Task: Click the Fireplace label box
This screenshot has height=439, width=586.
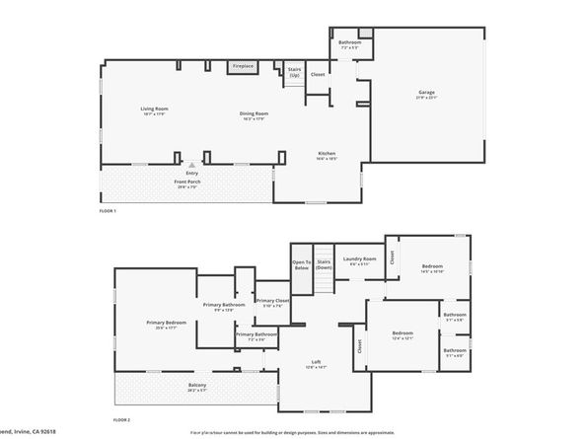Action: [x=243, y=66]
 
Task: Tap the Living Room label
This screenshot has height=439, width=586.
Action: [x=154, y=110]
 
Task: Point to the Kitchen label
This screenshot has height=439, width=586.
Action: [x=327, y=155]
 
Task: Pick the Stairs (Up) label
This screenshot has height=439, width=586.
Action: [x=294, y=71]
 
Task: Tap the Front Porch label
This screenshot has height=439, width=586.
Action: [x=187, y=183]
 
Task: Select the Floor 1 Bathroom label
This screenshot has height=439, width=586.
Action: [x=350, y=43]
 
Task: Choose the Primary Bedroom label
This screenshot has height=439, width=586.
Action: [x=167, y=325]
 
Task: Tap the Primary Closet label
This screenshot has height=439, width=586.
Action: [x=272, y=302]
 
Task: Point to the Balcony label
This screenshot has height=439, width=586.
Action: [x=197, y=387]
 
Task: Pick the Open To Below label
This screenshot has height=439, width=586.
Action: [x=301, y=264]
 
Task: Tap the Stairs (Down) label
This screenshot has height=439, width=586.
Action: [x=325, y=264]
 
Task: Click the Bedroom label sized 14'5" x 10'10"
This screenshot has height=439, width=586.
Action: [x=432, y=268]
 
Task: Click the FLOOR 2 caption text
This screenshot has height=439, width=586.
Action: [x=121, y=421]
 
